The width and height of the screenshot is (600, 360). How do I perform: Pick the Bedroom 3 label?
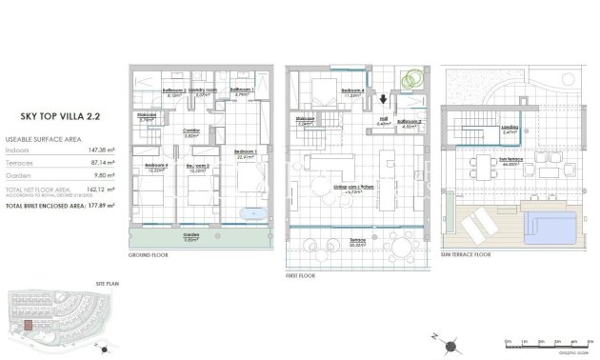coord(156,169)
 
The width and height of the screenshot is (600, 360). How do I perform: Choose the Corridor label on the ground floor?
coord(190,132)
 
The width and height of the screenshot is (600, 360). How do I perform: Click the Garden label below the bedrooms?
coord(190,237)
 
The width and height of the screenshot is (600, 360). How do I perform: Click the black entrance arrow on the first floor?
coord(383,98)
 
